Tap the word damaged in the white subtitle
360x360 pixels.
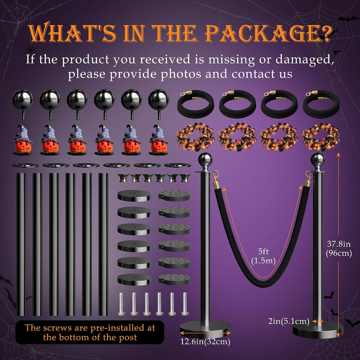[x=305, y=59]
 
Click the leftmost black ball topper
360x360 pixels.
[x=22, y=104]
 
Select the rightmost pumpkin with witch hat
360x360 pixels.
[x=158, y=140]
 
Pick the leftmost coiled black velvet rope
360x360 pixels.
[x=195, y=104]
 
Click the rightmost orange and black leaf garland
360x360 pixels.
[x=321, y=137]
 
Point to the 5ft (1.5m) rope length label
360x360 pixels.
[x=263, y=256]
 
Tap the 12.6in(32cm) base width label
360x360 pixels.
[x=205, y=341]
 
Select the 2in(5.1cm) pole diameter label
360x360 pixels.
[x=289, y=321]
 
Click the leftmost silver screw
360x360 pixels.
[x=121, y=303]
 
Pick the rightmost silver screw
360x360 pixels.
[x=185, y=303]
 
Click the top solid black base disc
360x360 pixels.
[x=134, y=196]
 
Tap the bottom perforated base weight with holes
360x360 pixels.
[x=174, y=280]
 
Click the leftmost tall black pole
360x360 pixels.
[x=21, y=244]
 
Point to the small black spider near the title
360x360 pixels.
[x=30, y=49]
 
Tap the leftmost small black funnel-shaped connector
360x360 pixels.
[x=123, y=178]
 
